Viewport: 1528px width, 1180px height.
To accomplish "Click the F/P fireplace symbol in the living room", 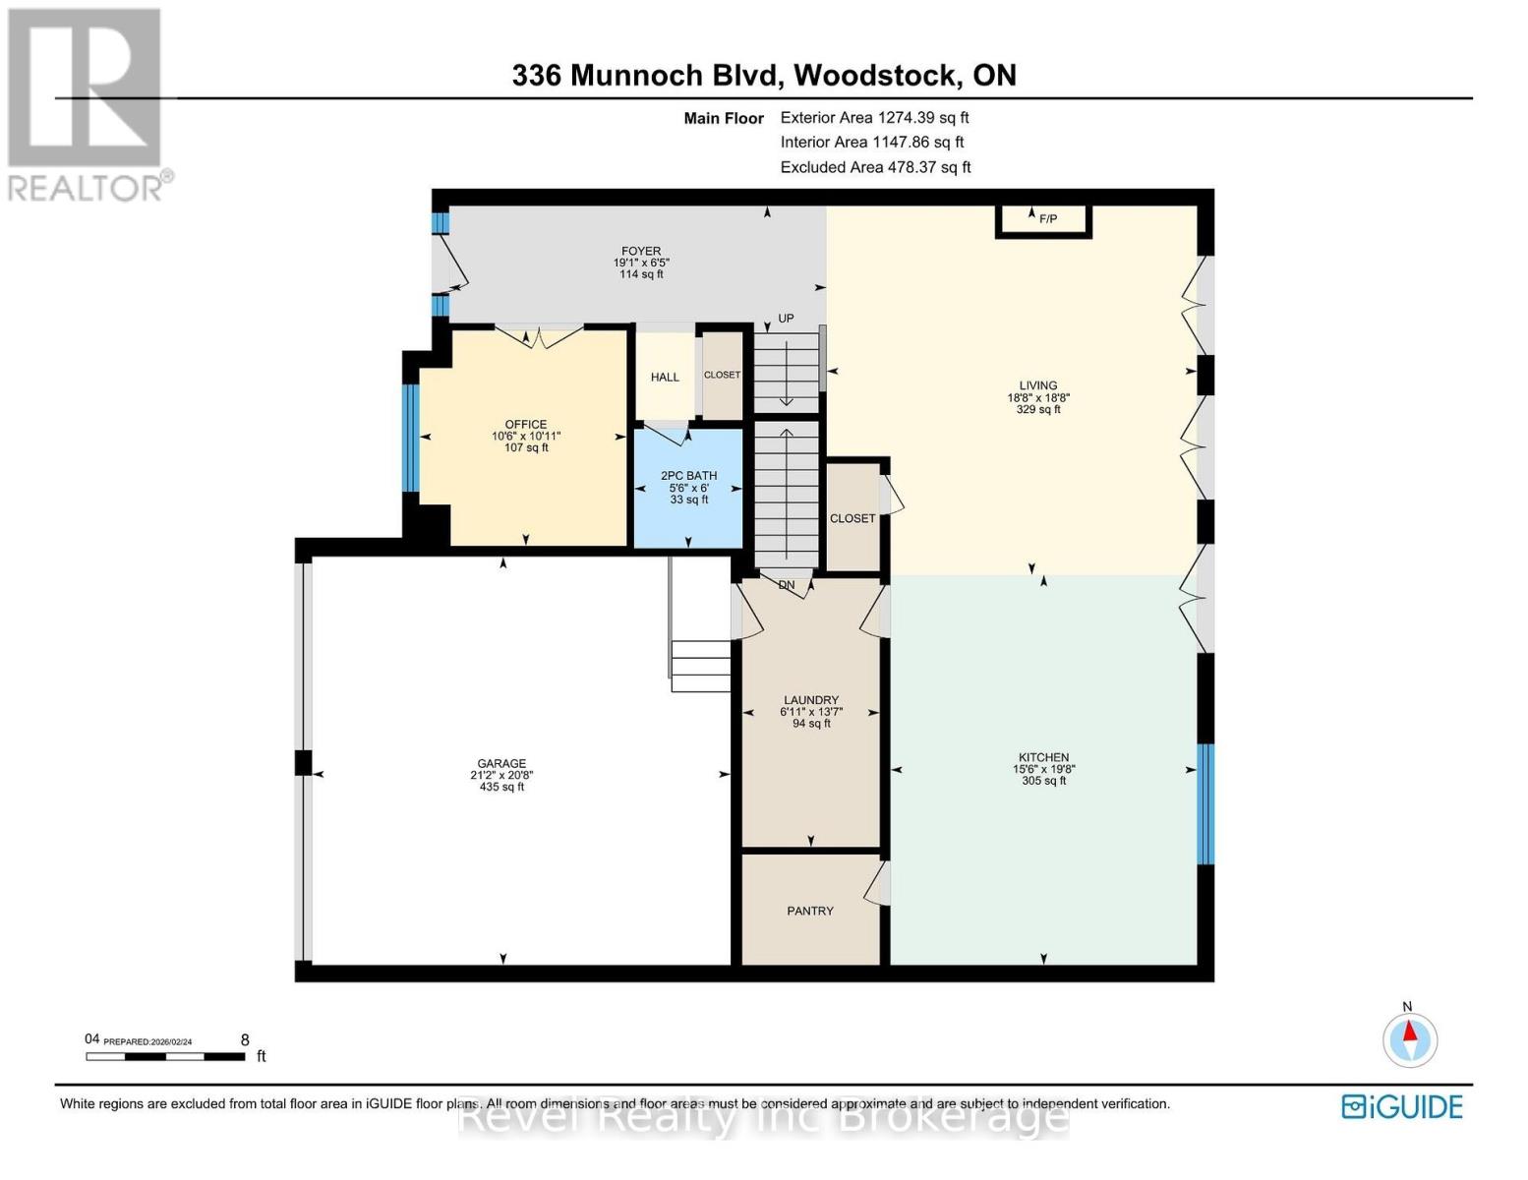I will tap(1044, 219).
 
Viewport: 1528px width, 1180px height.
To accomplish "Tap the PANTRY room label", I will tap(810, 912).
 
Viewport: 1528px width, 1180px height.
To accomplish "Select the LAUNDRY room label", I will tap(810, 700).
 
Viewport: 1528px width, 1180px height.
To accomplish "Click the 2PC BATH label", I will tap(688, 476).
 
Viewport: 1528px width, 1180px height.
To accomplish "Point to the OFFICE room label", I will tap(526, 425).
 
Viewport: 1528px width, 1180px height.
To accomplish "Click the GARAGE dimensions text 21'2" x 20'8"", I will tap(501, 776).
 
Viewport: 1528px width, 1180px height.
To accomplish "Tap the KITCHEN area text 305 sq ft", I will tap(1043, 781).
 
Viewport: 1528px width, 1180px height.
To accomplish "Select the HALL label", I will tap(665, 378).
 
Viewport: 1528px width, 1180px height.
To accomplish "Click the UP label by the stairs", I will tap(786, 319).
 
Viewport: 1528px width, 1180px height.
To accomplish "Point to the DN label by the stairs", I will tap(787, 585).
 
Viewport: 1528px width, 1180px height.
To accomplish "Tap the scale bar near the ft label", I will tap(165, 1057).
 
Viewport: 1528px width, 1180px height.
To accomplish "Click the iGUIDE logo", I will tap(1402, 1106).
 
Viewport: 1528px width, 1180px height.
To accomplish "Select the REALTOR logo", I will tap(87, 103).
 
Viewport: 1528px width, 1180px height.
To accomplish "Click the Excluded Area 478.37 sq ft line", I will tap(875, 167).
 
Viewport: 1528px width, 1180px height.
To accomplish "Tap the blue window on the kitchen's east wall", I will tap(1205, 803).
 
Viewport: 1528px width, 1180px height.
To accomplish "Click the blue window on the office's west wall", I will tap(411, 438).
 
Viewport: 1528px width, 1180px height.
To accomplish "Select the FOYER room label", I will tap(641, 252).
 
